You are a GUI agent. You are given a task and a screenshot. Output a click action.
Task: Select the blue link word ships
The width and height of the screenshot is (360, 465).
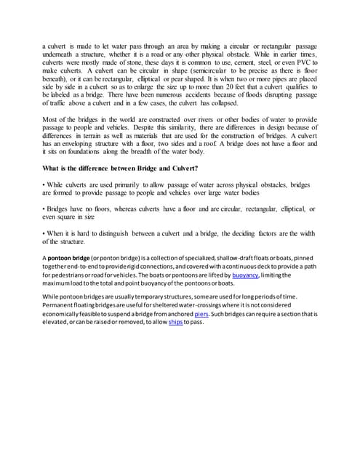tap(175, 322)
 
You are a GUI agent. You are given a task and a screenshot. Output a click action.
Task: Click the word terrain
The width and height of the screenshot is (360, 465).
tap(97, 135)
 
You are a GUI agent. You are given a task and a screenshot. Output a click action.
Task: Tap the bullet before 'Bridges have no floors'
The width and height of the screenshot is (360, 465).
tap(44, 209)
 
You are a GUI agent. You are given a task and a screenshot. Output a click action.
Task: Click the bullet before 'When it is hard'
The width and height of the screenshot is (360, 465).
tap(44, 233)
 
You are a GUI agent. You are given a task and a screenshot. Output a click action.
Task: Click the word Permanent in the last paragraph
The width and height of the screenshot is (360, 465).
tap(62, 305)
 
